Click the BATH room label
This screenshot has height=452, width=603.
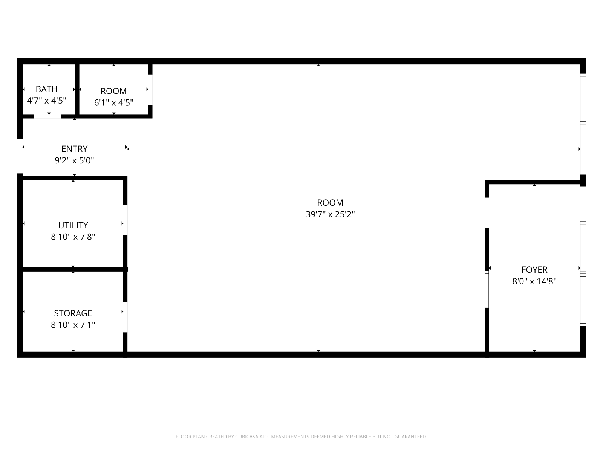tap(46, 89)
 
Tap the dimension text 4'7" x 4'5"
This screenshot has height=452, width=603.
tap(46, 101)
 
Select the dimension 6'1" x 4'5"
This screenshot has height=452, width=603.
tap(114, 102)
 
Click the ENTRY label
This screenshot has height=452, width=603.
tap(75, 149)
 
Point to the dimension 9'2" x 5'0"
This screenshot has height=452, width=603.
tap(75, 160)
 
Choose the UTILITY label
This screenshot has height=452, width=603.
tap(73, 225)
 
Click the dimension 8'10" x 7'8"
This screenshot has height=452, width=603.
tap(73, 237)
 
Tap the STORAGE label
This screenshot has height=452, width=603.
tap(73, 313)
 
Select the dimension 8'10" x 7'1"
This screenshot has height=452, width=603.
tap(73, 325)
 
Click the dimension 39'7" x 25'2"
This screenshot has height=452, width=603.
tap(330, 214)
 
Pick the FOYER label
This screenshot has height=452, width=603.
tap(534, 269)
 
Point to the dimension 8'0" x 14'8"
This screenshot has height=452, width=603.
tap(534, 281)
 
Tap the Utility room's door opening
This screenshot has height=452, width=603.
tap(125, 220)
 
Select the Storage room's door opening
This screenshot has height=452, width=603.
tap(125, 317)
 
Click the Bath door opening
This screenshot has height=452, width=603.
tap(47, 116)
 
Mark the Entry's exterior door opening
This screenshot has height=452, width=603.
tap(20, 156)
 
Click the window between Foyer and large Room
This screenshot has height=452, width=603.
tap(487, 289)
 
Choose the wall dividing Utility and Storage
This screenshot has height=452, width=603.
tap(73, 269)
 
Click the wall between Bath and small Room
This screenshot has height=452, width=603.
tap(77, 89)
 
